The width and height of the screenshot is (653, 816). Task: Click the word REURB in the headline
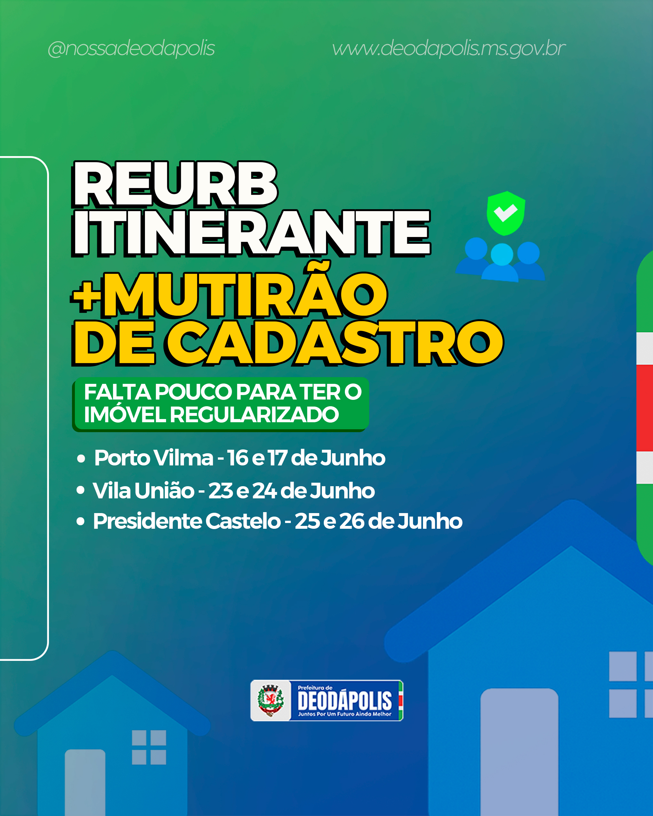[175, 185]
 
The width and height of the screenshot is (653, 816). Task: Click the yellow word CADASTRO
[335, 343]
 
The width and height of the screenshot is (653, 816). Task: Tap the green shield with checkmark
[506, 213]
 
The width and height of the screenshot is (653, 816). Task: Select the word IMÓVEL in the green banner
[124, 415]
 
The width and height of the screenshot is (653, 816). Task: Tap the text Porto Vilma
[154, 458]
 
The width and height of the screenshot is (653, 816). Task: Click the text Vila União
[143, 490]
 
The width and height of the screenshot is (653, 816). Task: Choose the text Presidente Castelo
[187, 521]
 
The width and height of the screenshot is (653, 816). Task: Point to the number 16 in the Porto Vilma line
[237, 458]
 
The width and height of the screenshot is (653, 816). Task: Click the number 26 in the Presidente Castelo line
[352, 521]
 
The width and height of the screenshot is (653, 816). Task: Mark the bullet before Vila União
[80, 490]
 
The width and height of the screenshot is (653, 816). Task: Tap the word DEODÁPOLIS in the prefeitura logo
[345, 701]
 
